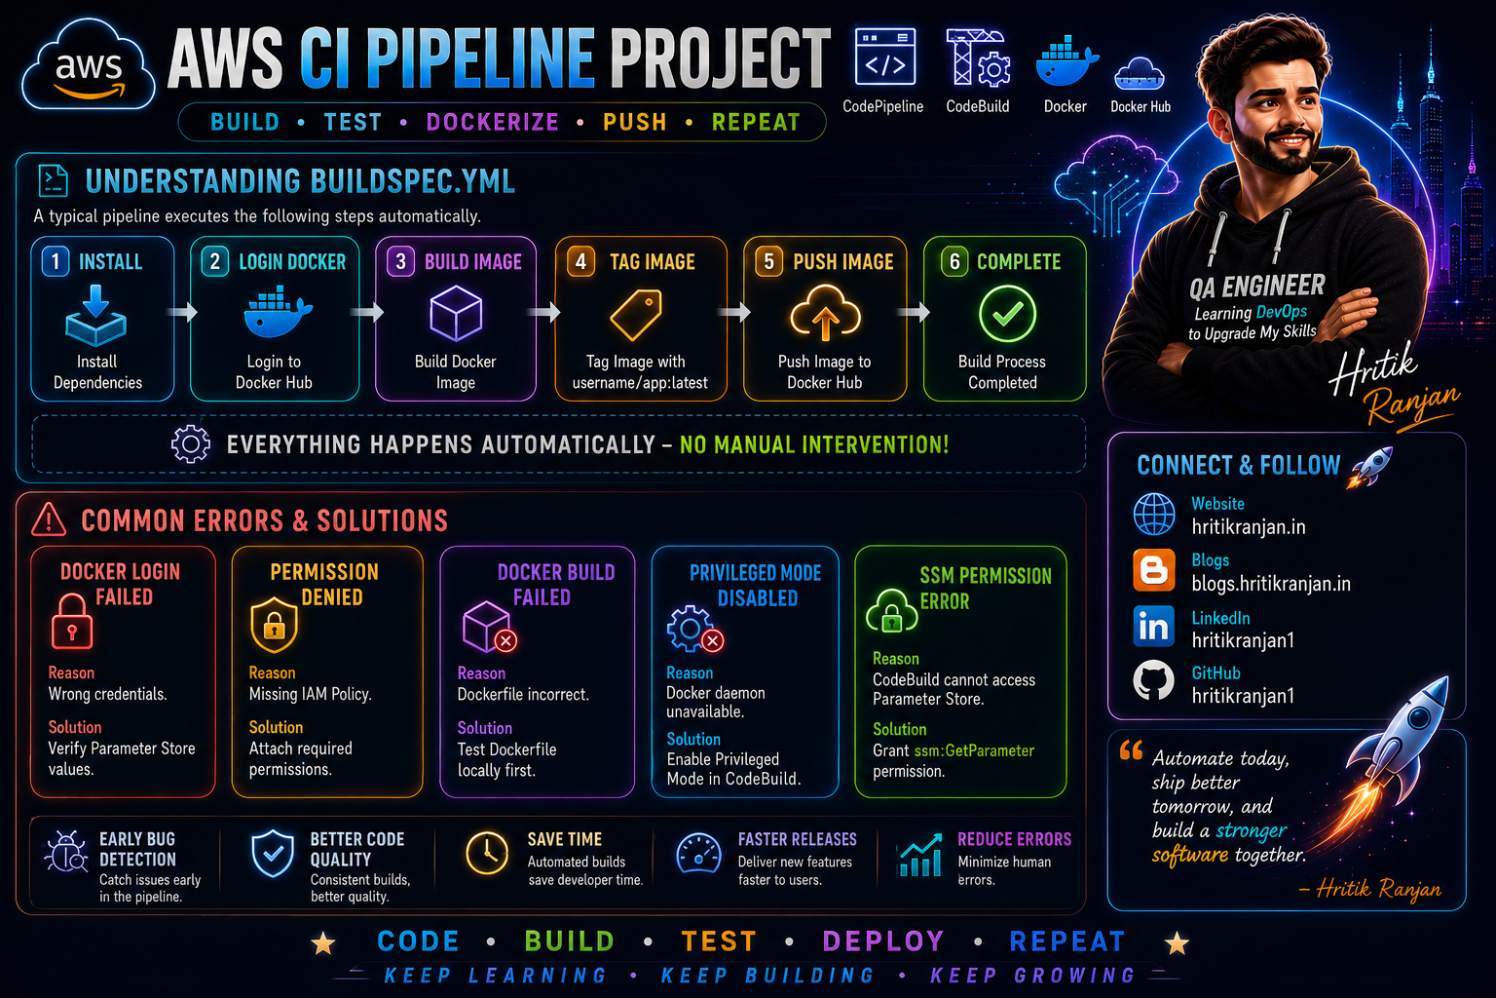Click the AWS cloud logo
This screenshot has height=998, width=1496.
(89, 66)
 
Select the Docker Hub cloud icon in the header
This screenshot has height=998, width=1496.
(1140, 73)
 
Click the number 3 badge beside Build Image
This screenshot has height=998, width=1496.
(400, 261)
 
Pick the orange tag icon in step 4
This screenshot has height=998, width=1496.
(636, 314)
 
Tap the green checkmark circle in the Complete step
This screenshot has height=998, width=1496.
(1007, 314)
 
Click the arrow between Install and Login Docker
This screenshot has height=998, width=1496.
(182, 312)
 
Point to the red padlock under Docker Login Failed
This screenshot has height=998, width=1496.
(71, 621)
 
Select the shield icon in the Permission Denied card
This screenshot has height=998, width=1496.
(274, 625)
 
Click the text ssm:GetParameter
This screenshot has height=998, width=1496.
(974, 750)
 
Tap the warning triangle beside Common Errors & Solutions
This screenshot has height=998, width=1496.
(49, 519)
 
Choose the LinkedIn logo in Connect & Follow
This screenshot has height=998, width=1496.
(1153, 627)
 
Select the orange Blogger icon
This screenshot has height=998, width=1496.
(1153, 570)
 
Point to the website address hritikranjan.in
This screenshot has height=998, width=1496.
(1249, 526)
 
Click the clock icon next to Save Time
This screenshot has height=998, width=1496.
(487, 854)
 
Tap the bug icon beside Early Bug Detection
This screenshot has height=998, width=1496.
(66, 852)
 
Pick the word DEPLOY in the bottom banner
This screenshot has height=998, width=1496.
(883, 941)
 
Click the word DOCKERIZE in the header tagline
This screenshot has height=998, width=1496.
(492, 123)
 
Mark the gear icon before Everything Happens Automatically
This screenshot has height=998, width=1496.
(190, 443)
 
